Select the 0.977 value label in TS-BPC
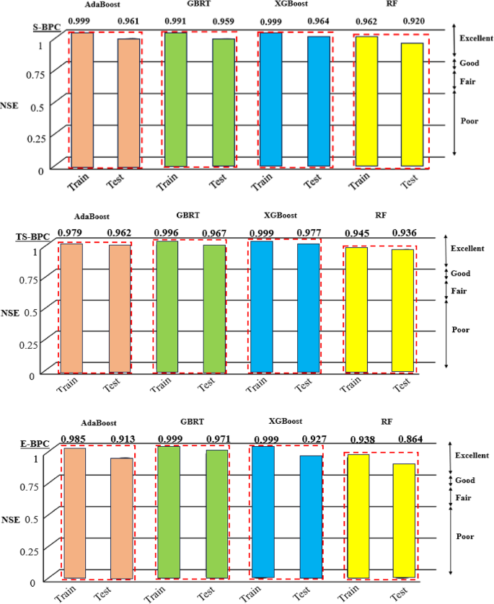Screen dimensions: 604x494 pyautogui.click(x=311, y=232)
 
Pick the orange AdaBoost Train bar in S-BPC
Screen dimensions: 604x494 pyautogui.click(x=82, y=100)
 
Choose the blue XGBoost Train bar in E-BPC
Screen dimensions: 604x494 pyautogui.click(x=263, y=512)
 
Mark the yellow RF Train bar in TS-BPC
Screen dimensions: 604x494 pyautogui.click(x=356, y=310)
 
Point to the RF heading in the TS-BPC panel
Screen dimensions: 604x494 pyautogui.click(x=380, y=214)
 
